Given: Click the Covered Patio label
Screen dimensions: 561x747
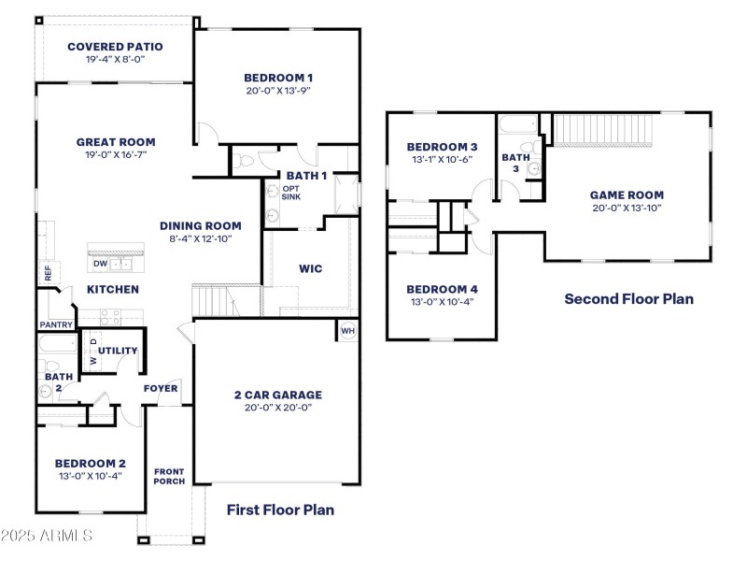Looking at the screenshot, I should (115, 46).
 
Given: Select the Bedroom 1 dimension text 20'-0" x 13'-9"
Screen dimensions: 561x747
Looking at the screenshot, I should (277, 92).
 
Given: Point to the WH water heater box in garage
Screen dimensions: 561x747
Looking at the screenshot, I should (347, 331).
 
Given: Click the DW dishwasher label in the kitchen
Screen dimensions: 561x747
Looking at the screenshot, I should (100, 264).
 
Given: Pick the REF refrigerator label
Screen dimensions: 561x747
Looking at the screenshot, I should (48, 273).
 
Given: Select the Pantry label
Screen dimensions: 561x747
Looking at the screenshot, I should (56, 324).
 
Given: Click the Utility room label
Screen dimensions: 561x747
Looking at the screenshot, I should (119, 351).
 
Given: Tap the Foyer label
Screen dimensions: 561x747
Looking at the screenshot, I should (161, 388).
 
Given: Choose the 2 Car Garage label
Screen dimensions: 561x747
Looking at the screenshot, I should (277, 395).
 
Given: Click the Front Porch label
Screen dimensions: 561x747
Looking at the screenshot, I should (170, 476).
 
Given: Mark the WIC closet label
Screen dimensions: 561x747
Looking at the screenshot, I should (311, 268).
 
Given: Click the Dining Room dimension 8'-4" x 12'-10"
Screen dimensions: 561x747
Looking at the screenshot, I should (200, 238).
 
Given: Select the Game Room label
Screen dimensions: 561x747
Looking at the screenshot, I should (627, 195).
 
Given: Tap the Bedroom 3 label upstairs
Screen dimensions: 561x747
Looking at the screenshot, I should (442, 147).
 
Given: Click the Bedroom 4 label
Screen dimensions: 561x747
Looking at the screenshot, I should (442, 289).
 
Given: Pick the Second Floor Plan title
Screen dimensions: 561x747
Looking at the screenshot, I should (628, 299).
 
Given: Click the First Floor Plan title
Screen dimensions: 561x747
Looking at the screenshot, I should (280, 510).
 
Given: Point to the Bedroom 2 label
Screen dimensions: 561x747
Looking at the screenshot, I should (90, 463).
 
